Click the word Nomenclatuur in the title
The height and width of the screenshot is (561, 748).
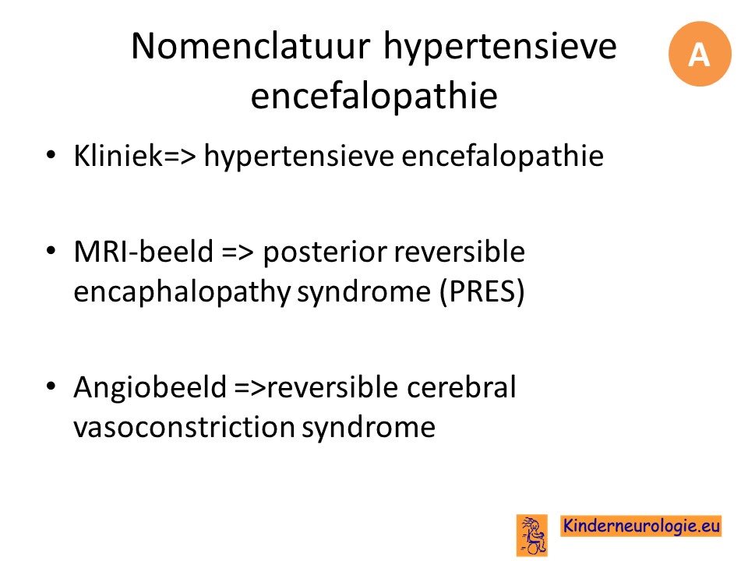pos(251,46)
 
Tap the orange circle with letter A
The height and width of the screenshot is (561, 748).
pos(700,54)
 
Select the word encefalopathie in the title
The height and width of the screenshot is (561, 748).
pos(374,96)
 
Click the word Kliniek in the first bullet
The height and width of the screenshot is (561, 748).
pos(118,156)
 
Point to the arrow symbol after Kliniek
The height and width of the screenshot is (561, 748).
pos(180,157)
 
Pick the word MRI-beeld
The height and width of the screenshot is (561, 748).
pos(143,252)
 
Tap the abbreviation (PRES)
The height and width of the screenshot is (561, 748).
pos(482,292)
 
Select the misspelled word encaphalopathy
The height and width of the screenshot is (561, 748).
pos(182,292)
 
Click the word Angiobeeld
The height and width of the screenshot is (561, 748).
pos(150,387)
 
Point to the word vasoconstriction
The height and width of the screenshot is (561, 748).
pos(184,426)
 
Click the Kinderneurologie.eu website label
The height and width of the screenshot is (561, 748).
pos(640,526)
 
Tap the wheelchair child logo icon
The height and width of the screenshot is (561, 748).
pos(531,535)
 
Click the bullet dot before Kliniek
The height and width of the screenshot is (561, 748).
pos(51,155)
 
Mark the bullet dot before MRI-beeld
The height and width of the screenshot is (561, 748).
pos(51,250)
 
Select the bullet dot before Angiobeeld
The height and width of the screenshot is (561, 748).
pos(51,386)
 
